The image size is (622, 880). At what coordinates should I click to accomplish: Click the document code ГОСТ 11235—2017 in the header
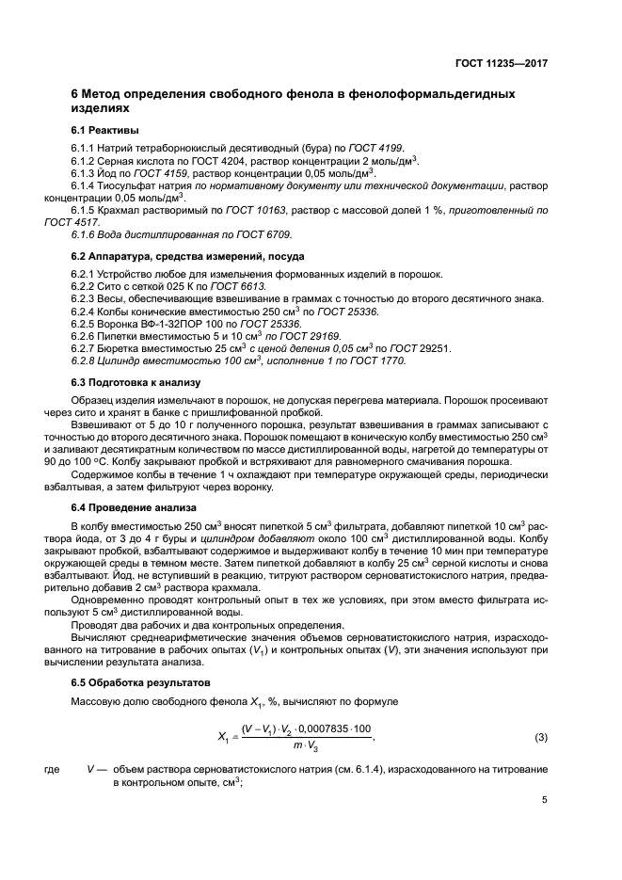(502, 63)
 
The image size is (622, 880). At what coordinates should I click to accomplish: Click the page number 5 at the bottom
(544, 800)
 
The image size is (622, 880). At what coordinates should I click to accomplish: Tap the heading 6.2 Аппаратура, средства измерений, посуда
(186, 256)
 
